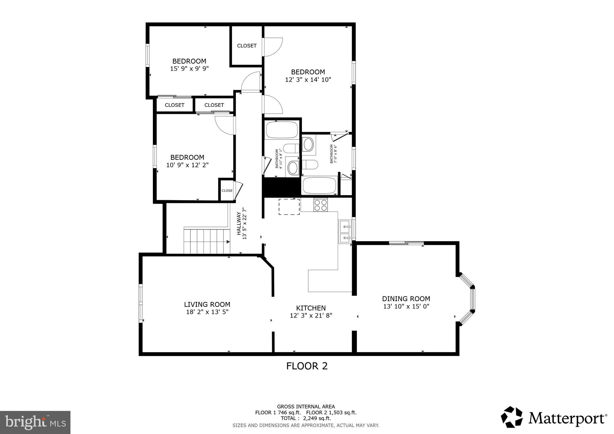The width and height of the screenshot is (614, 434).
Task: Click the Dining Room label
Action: [406, 299]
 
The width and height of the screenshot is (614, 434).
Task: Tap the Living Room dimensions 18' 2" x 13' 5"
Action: [207, 312]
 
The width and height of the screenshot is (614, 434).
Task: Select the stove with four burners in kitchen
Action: [320, 205]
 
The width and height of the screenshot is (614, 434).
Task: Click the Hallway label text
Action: [239, 223]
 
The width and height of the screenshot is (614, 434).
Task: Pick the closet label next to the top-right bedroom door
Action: [247, 46]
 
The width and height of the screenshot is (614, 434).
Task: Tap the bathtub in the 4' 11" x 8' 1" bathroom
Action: [282, 130]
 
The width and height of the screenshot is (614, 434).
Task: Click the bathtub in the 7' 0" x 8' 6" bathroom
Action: [319, 186]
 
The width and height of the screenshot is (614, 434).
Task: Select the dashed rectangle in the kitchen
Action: [289, 207]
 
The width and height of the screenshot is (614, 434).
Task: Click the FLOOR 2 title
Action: [307, 366]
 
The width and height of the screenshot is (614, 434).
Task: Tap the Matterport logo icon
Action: [512, 417]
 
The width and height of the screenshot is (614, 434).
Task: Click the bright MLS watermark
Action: [35, 422]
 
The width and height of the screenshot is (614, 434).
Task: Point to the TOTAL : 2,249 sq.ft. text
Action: [306, 418]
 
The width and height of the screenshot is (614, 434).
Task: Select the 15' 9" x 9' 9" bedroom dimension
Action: [189, 69]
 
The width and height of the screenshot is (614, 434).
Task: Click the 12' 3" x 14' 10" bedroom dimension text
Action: [308, 80]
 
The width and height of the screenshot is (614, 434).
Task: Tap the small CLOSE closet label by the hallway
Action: [227, 191]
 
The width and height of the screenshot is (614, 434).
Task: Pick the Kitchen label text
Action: [311, 308]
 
